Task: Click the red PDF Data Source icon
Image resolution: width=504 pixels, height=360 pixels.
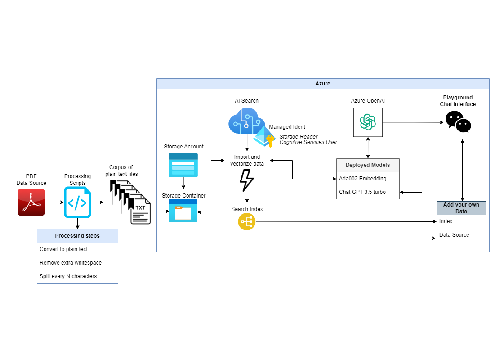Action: (x=31, y=202)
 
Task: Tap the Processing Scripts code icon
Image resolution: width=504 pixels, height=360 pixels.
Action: (x=77, y=202)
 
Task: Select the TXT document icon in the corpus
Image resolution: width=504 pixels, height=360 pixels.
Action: (x=141, y=212)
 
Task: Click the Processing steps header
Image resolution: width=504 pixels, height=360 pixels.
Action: (x=77, y=236)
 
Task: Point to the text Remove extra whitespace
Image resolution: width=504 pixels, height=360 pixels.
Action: (x=71, y=263)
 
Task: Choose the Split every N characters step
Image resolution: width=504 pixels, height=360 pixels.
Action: (x=68, y=276)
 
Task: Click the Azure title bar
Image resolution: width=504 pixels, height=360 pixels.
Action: (x=322, y=84)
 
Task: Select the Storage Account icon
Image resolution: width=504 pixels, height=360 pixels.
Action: (x=183, y=164)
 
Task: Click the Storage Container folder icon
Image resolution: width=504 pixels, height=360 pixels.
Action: (x=183, y=211)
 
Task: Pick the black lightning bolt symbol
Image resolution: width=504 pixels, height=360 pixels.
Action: (x=246, y=180)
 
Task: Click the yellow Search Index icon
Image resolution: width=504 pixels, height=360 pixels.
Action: (x=246, y=221)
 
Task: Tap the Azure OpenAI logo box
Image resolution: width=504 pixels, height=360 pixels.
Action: (x=368, y=121)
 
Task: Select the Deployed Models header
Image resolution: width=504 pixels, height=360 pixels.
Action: (x=367, y=165)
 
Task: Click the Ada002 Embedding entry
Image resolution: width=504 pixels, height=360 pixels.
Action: (x=362, y=179)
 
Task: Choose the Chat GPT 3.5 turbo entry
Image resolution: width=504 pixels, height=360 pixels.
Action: (x=362, y=192)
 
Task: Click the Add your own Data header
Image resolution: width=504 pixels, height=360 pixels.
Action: (x=461, y=208)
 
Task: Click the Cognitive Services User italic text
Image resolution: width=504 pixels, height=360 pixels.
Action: (x=308, y=142)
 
